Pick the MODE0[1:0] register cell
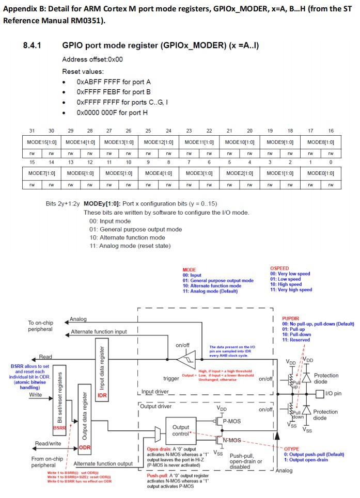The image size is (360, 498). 320,173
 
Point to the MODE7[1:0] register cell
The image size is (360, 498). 41,173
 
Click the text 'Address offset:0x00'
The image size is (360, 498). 92,59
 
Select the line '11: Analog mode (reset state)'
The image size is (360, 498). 130,245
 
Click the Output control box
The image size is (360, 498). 180,430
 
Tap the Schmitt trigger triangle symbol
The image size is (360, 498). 183,357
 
